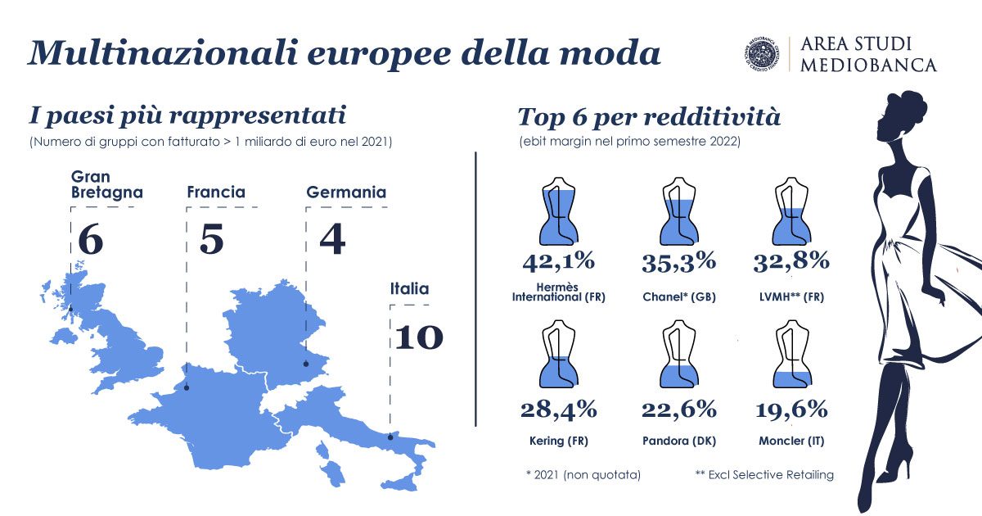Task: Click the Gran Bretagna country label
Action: coord(107,184)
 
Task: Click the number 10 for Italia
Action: coord(418,337)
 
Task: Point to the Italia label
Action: coord(409,288)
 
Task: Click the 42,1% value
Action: coord(558,261)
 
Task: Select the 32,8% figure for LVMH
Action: coord(791,261)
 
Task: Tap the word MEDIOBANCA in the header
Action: coord(868,66)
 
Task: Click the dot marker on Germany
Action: coord(306,365)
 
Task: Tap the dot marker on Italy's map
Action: coord(390,437)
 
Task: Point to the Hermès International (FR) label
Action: coord(558,292)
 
